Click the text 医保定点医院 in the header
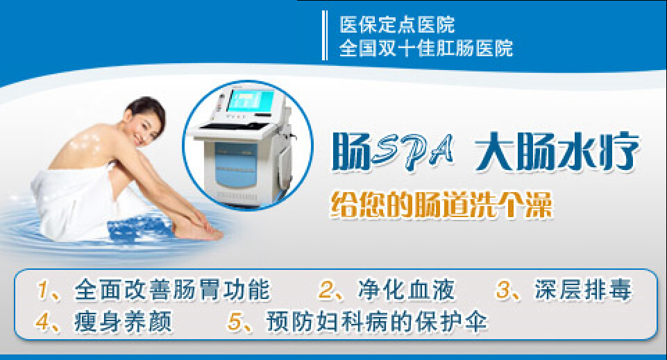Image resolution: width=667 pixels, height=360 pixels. click(x=397, y=25)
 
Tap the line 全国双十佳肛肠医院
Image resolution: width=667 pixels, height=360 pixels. click(x=425, y=48)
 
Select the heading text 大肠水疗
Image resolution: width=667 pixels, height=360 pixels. click(x=557, y=151)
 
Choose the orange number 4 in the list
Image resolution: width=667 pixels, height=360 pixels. click(x=43, y=321)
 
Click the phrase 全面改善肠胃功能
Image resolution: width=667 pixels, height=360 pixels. click(x=172, y=290)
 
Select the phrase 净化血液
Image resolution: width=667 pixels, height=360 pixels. click(x=406, y=290)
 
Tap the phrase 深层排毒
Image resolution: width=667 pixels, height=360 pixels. click(x=583, y=290)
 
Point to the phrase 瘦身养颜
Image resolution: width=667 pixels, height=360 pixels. click(x=124, y=321)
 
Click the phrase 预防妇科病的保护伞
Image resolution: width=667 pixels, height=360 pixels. click(x=377, y=321)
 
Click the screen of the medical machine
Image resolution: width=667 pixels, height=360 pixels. click(x=250, y=101)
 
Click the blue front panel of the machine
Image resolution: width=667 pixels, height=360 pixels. click(x=236, y=166)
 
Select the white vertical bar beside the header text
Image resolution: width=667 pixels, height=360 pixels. click(x=325, y=35)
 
